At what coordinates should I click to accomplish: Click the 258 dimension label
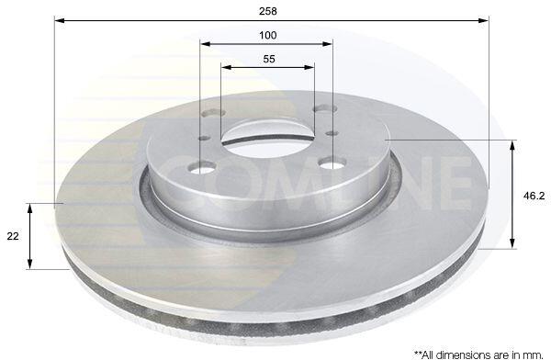click(x=268, y=11)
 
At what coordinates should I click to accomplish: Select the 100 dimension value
click(x=268, y=35)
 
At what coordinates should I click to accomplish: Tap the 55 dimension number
click(x=269, y=59)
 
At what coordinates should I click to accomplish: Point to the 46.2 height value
click(x=534, y=196)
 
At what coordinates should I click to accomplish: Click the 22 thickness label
click(x=13, y=236)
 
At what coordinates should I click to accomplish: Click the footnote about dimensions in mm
click(x=479, y=353)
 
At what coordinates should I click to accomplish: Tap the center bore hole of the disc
click(x=268, y=141)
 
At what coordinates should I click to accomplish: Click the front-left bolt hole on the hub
click(x=202, y=167)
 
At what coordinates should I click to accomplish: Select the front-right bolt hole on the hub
click(x=332, y=163)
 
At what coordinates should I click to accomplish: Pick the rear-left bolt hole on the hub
click(x=214, y=113)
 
